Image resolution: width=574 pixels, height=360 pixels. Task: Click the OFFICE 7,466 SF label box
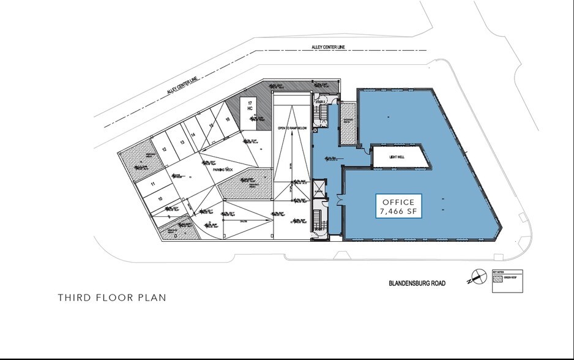coord(398,208)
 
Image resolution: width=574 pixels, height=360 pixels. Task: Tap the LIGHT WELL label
coord(399,157)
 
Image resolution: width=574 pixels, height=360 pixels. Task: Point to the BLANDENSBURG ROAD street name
coord(416,283)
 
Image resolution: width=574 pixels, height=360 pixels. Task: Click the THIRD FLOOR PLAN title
coord(112,298)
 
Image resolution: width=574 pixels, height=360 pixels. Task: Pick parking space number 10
coord(160,198)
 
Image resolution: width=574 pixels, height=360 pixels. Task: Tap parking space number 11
coord(152,184)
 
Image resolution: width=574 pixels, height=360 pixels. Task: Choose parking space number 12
coord(165,148)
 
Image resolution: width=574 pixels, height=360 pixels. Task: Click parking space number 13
coord(181,142)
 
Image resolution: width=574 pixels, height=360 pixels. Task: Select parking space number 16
coord(227,119)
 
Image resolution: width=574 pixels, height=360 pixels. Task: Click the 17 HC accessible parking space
coord(250,105)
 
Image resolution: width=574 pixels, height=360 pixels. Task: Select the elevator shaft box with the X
coord(315,130)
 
